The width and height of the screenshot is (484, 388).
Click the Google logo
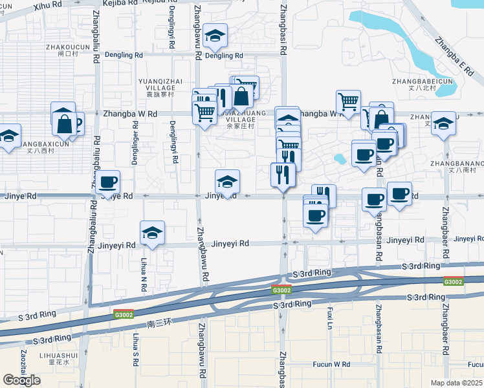(21, 380)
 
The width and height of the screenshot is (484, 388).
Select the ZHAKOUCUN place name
(67, 47)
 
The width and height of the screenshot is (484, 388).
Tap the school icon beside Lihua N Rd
(152, 233)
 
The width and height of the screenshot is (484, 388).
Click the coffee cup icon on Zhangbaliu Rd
(108, 184)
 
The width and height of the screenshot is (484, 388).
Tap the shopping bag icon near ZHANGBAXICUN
(65, 122)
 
